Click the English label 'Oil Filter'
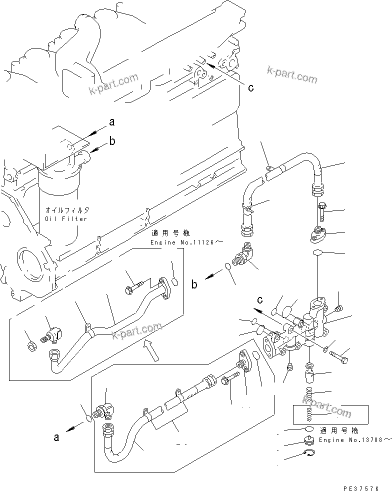point(65,218)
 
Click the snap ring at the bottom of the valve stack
point(309,453)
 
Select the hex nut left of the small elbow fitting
point(31,344)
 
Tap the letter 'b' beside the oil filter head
point(112,141)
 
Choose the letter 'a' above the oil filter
point(112,121)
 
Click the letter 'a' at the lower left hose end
point(56,437)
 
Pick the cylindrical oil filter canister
point(58,200)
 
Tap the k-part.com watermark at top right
point(292,74)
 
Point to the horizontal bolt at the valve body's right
point(339,357)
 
